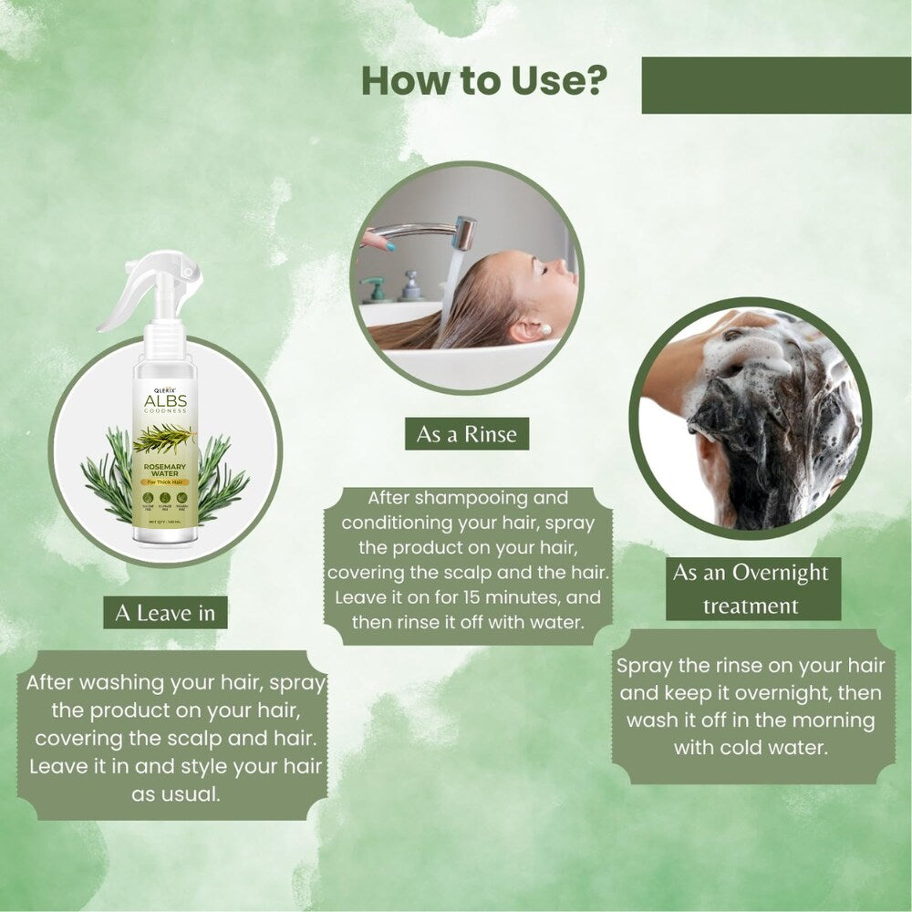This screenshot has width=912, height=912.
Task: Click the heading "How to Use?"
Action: pos(484,81)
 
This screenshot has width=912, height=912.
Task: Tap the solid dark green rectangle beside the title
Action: pos(776,86)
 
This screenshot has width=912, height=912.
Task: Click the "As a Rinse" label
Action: pos(466,434)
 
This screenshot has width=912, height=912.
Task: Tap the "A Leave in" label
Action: pos(165,613)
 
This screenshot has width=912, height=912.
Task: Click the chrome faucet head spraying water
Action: pos(464,233)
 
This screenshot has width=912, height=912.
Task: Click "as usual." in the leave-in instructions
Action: pos(176,793)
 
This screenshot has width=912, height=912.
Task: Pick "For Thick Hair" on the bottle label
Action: pos(164,489)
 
